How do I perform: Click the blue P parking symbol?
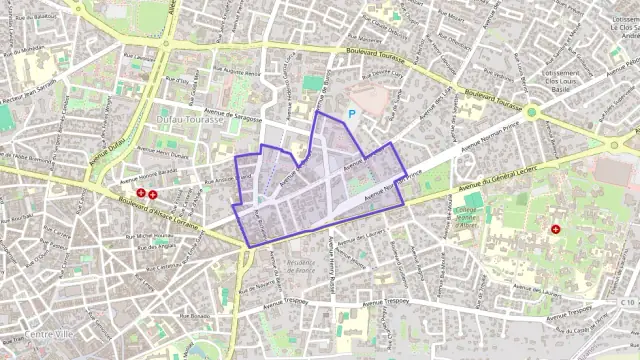click(352, 115)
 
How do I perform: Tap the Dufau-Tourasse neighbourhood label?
click(187, 120)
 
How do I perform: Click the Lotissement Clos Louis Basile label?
click(562, 79)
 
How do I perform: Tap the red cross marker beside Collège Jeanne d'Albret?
click(555, 229)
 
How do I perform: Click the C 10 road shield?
click(627, 302)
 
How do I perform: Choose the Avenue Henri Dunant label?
click(165, 155)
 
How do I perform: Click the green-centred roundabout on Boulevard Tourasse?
click(533, 113)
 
